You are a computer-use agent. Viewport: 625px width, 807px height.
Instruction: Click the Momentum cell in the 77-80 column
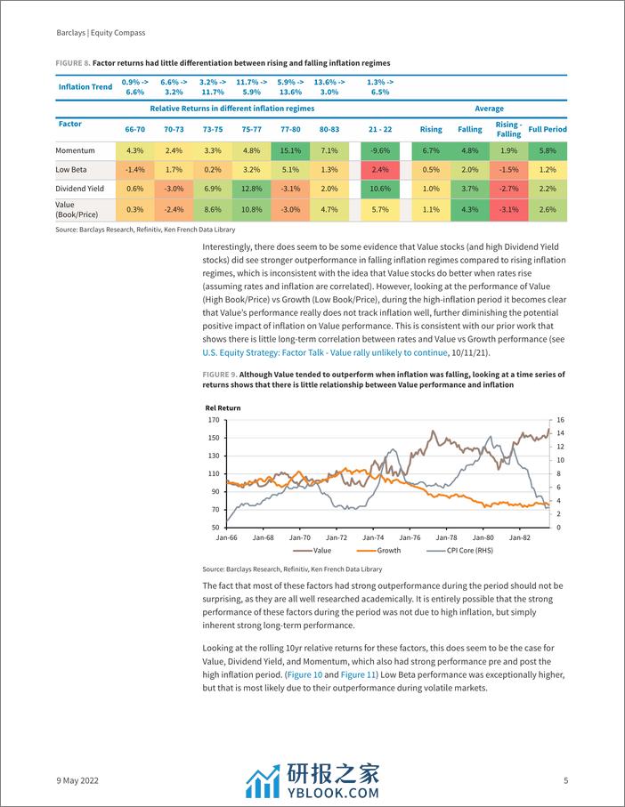pos(292,150)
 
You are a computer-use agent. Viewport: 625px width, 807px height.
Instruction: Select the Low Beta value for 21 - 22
pos(380,170)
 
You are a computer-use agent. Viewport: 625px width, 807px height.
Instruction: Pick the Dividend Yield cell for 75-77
pos(252,189)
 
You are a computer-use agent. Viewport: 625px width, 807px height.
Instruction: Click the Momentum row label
pos(75,150)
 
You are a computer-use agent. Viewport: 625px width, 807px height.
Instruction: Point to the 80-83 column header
pos(329,129)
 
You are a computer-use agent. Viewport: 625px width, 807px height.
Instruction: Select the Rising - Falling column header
pos(508,129)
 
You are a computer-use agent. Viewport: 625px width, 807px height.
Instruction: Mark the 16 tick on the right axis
pos(561,419)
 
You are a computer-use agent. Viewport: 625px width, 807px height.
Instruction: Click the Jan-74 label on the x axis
pos(373,537)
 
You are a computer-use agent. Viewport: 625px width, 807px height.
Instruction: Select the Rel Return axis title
pos(223,408)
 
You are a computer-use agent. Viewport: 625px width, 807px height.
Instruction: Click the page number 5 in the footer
pos(566,780)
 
